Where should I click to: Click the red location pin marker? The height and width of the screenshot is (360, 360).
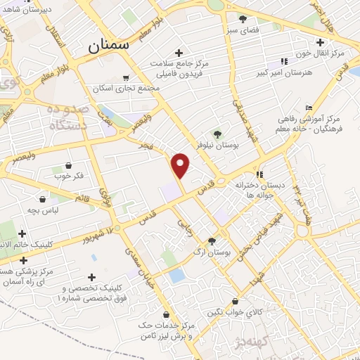coord(181,165)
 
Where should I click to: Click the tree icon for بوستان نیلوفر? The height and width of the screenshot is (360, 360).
coord(217,134)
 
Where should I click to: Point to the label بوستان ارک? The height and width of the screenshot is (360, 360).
coord(212,251)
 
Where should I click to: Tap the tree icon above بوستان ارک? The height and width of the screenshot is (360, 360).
coord(212,240)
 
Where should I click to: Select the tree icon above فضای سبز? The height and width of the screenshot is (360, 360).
coord(243,19)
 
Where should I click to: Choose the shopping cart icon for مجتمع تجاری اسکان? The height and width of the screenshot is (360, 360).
coord(126,77)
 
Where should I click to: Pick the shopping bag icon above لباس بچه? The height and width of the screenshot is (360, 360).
coord(43,199)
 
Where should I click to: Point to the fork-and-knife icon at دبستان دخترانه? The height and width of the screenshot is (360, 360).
coord(259,174)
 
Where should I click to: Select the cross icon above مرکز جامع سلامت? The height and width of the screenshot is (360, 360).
coord(179,53)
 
